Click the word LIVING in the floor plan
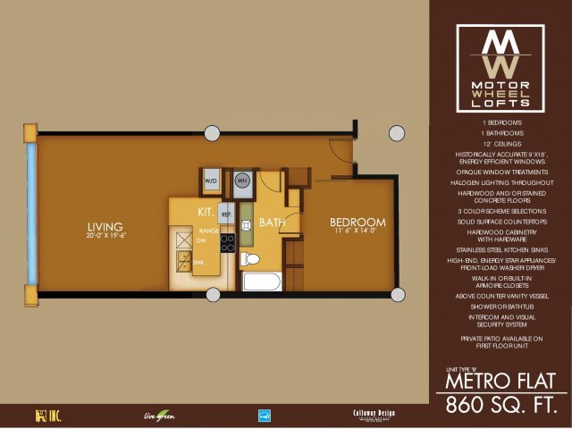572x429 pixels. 105,225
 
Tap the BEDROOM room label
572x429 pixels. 357,223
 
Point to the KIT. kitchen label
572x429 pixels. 209,212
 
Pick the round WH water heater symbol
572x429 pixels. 241,181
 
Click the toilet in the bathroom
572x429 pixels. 251,260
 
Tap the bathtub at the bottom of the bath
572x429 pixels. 261,282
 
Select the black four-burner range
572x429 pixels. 227,242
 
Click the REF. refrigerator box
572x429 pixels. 227,214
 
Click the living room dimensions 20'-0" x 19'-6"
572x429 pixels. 106,236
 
